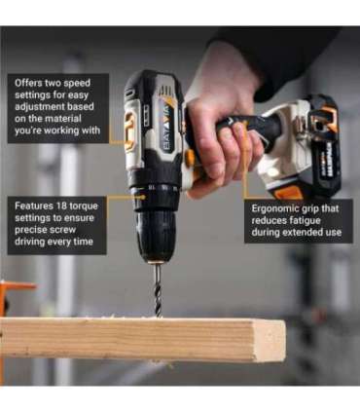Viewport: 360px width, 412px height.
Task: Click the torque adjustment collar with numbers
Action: coord(154,187)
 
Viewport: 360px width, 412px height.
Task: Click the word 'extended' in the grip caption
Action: coord(293,234)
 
